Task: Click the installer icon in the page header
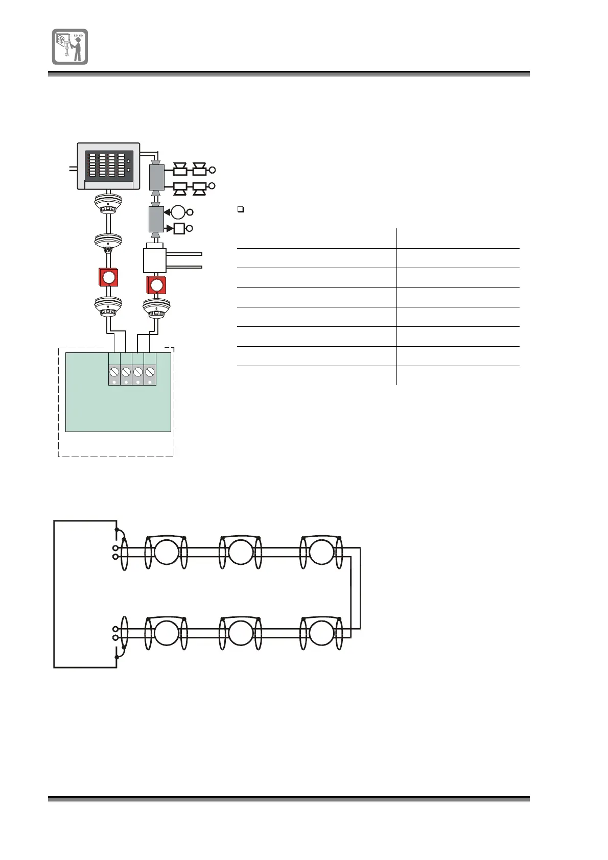coord(70,46)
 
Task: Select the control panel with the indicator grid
coord(108,166)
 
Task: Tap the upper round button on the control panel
coord(128,161)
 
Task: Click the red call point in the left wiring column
coord(108,277)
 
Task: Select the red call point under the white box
coord(156,284)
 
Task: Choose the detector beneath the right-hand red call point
coord(156,308)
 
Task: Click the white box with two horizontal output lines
coord(155,260)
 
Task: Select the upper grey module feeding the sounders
coord(156,177)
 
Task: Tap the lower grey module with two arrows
coord(156,220)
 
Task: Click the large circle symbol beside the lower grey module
coord(179,211)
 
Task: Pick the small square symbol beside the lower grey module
coord(179,228)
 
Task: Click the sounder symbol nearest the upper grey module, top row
coord(180,170)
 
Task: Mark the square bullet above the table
coord(241,209)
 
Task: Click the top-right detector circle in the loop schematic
coord(321,552)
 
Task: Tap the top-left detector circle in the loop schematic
coord(167,552)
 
